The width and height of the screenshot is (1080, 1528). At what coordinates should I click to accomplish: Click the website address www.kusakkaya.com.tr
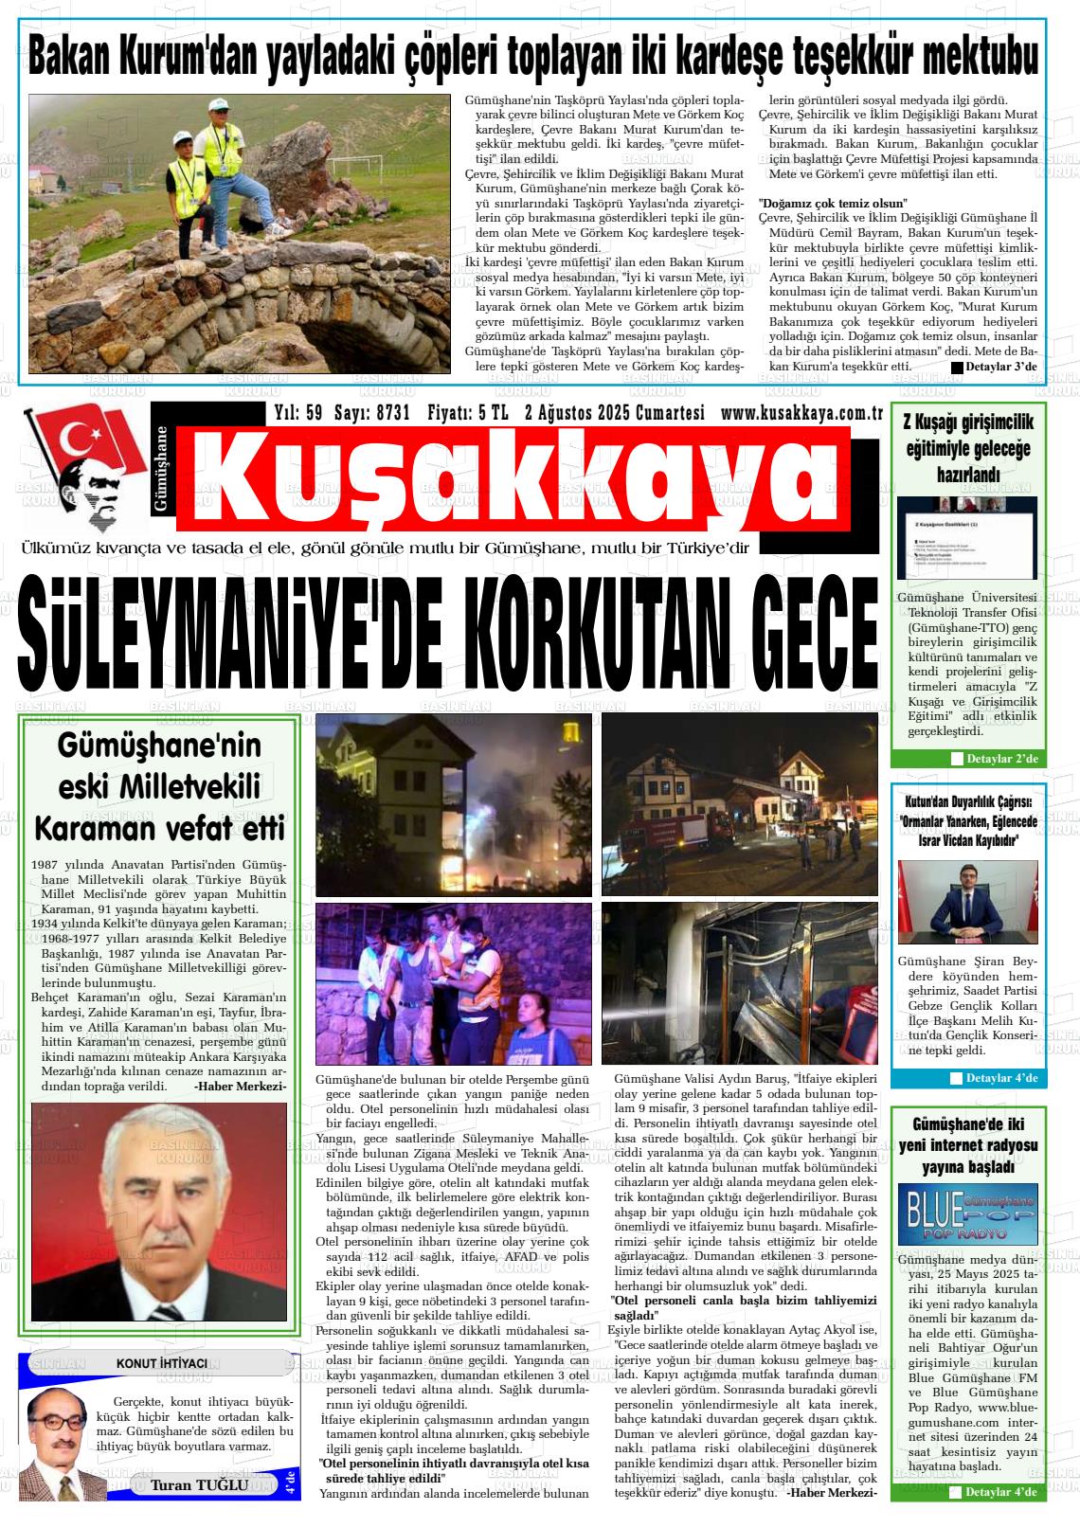pyautogui.click(x=801, y=413)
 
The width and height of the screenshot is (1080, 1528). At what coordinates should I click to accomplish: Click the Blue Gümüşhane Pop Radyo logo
pyautogui.click(x=967, y=1213)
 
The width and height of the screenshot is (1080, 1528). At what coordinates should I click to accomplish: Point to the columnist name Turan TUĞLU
pyautogui.click(x=199, y=1483)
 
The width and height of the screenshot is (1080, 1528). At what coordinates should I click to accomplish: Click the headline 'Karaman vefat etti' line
pyautogui.click(x=159, y=829)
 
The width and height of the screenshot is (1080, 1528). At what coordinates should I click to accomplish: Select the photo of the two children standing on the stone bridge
pyautogui.click(x=240, y=234)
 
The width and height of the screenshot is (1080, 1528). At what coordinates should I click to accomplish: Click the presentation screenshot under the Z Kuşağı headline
pyautogui.click(x=966, y=537)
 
